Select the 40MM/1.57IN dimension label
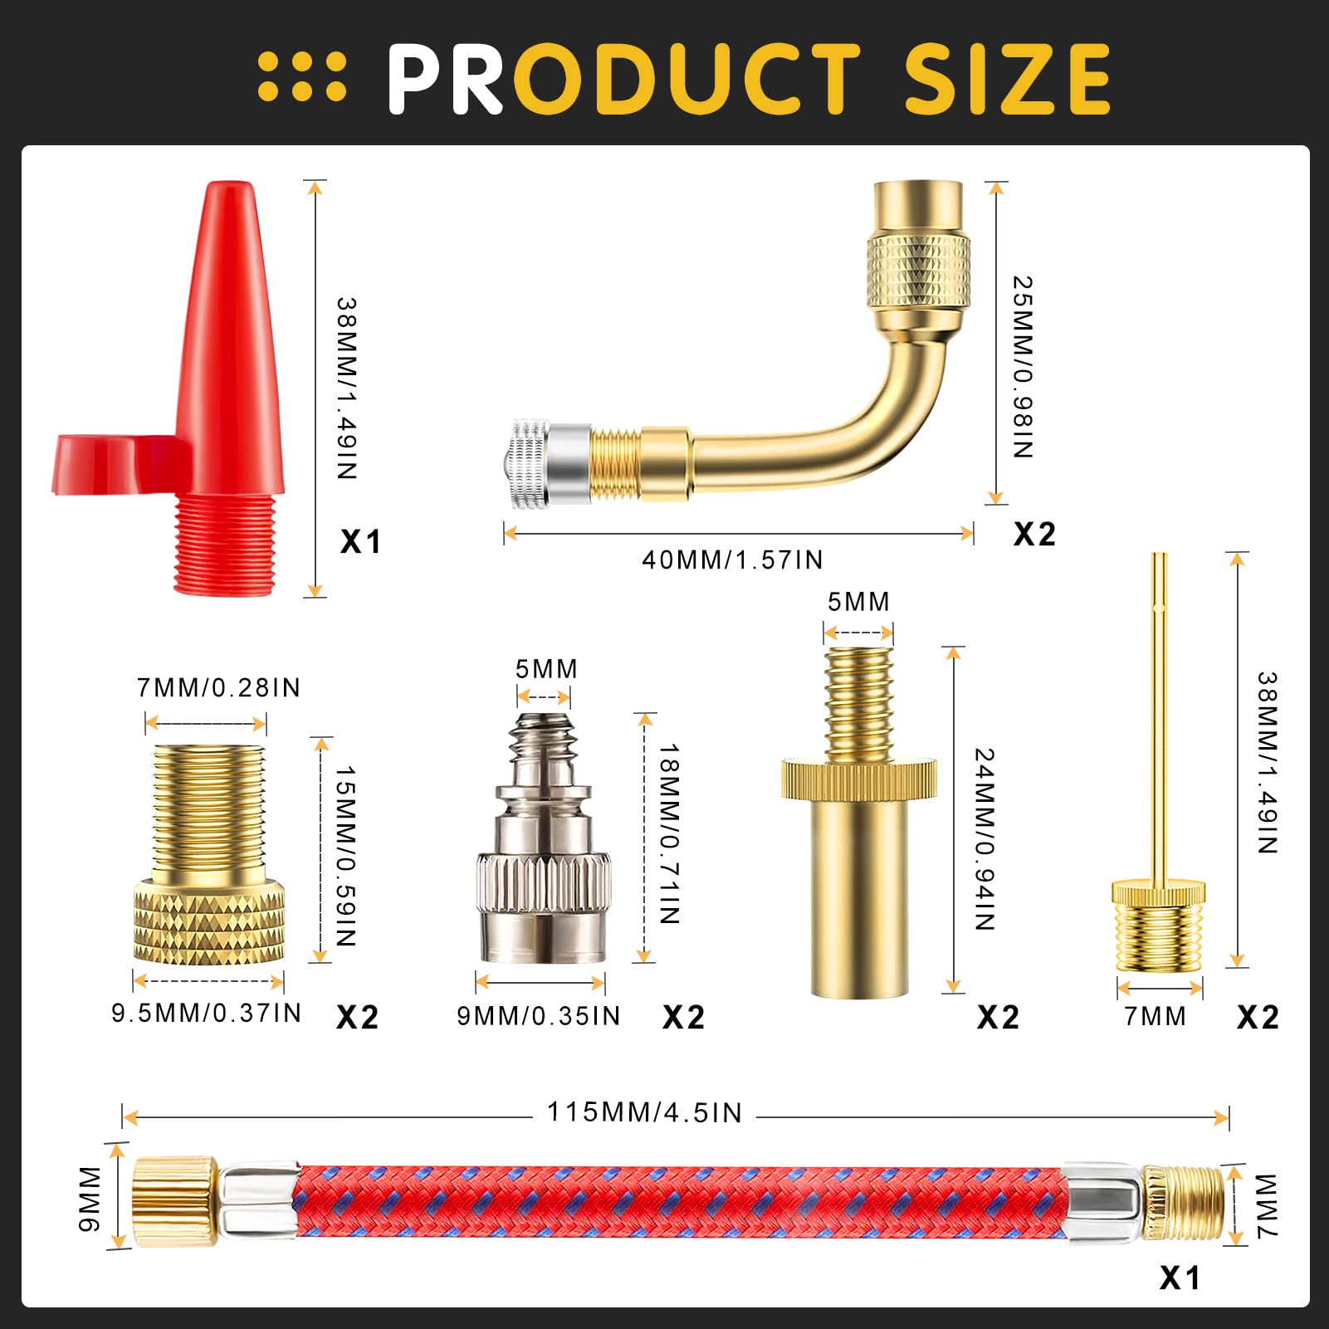coord(732,559)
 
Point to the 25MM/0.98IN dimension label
coord(1023,367)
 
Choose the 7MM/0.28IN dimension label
coord(218,687)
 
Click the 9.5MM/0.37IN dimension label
coord(207,1013)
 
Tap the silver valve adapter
coord(543,838)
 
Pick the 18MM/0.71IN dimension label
coord(669,834)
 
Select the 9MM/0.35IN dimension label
coord(539,1016)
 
